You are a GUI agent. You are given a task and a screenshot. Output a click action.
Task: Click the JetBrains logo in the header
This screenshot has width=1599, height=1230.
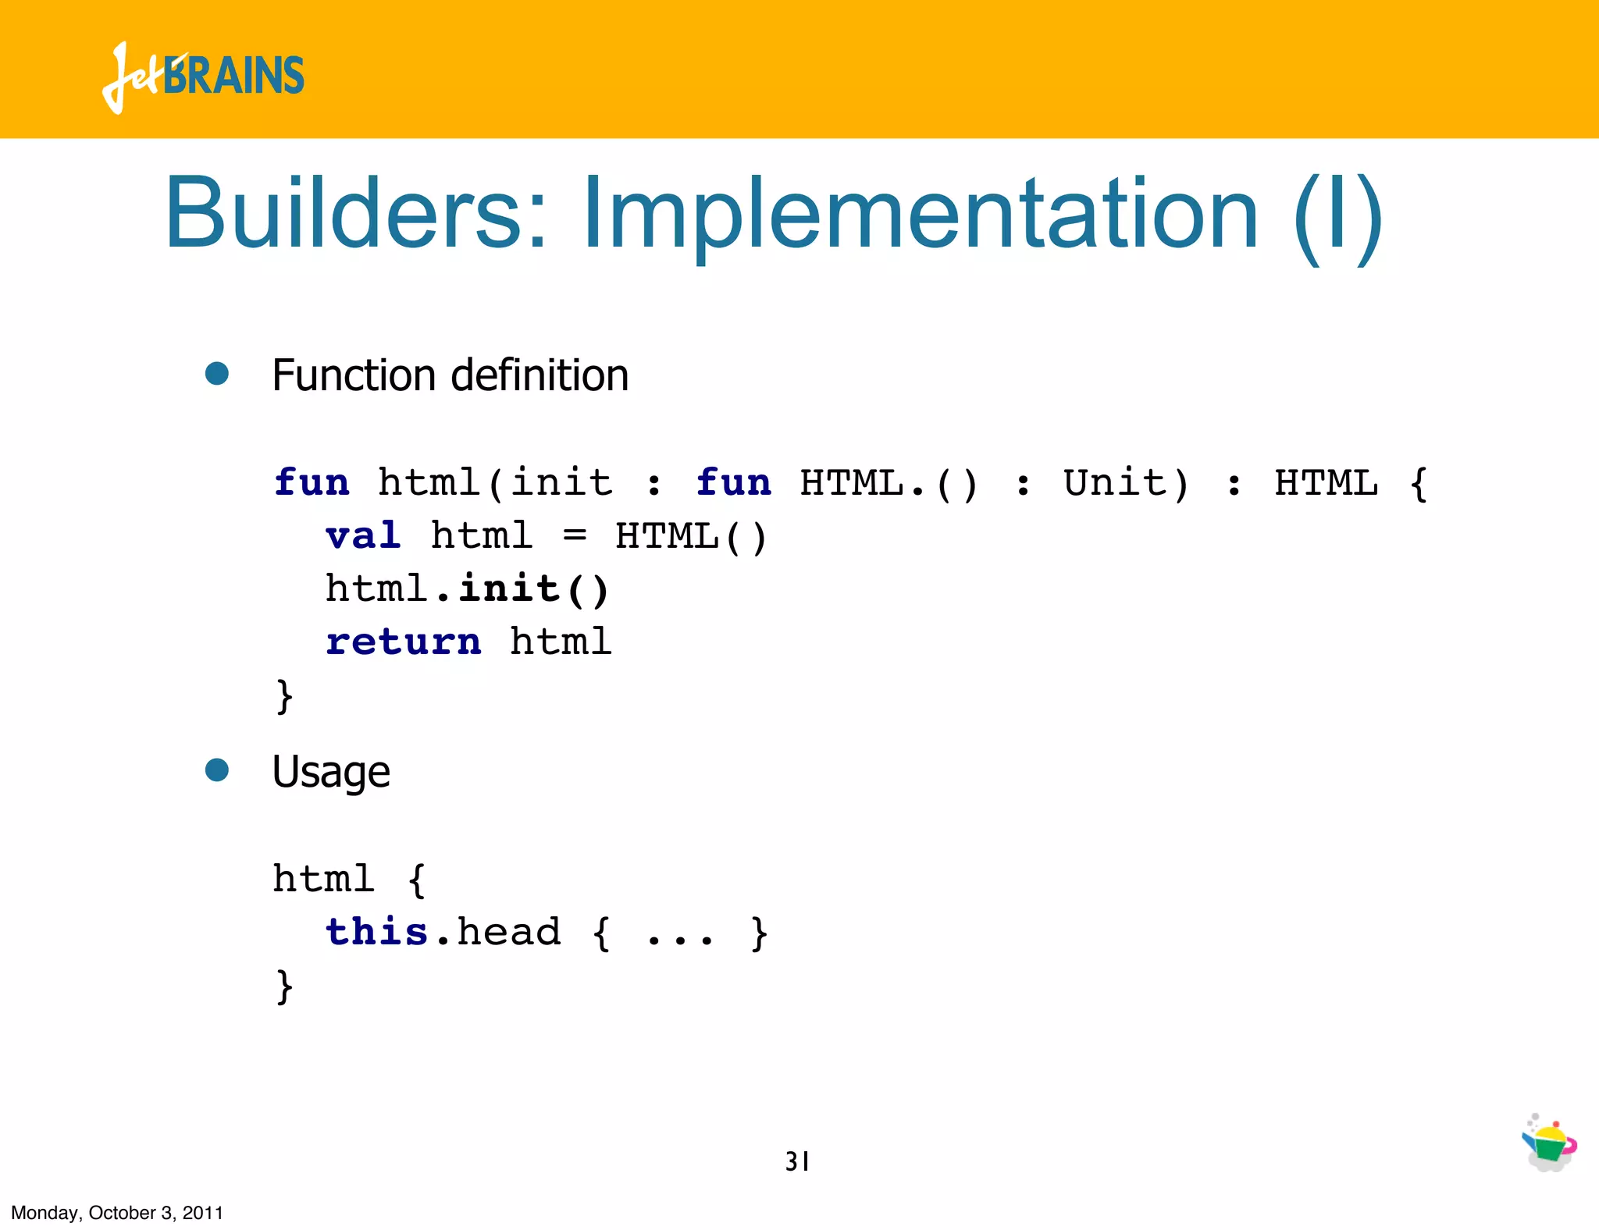[203, 76]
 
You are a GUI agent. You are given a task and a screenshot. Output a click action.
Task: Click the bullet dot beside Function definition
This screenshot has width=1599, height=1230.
[217, 373]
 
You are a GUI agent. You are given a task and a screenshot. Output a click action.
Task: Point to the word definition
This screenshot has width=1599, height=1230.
[540, 375]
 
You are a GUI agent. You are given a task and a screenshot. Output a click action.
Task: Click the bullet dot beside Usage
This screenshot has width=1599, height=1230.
[217, 770]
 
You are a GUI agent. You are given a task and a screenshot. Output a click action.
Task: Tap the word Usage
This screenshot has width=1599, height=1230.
[331, 773]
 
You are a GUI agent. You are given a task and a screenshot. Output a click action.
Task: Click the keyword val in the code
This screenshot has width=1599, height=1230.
[364, 536]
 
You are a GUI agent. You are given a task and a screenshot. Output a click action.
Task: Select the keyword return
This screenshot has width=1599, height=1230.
[404, 642]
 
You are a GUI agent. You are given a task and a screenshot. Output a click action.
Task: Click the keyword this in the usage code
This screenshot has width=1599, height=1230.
[377, 931]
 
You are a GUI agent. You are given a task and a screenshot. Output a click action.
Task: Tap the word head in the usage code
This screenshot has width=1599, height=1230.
[509, 931]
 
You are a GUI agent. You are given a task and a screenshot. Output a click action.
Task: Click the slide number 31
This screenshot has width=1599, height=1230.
[797, 1161]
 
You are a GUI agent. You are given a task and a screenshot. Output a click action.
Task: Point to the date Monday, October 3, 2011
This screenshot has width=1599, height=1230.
[117, 1213]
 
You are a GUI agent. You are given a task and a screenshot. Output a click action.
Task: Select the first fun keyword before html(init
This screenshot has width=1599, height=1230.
[312, 482]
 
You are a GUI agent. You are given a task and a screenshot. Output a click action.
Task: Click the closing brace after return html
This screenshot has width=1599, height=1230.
[284, 696]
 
